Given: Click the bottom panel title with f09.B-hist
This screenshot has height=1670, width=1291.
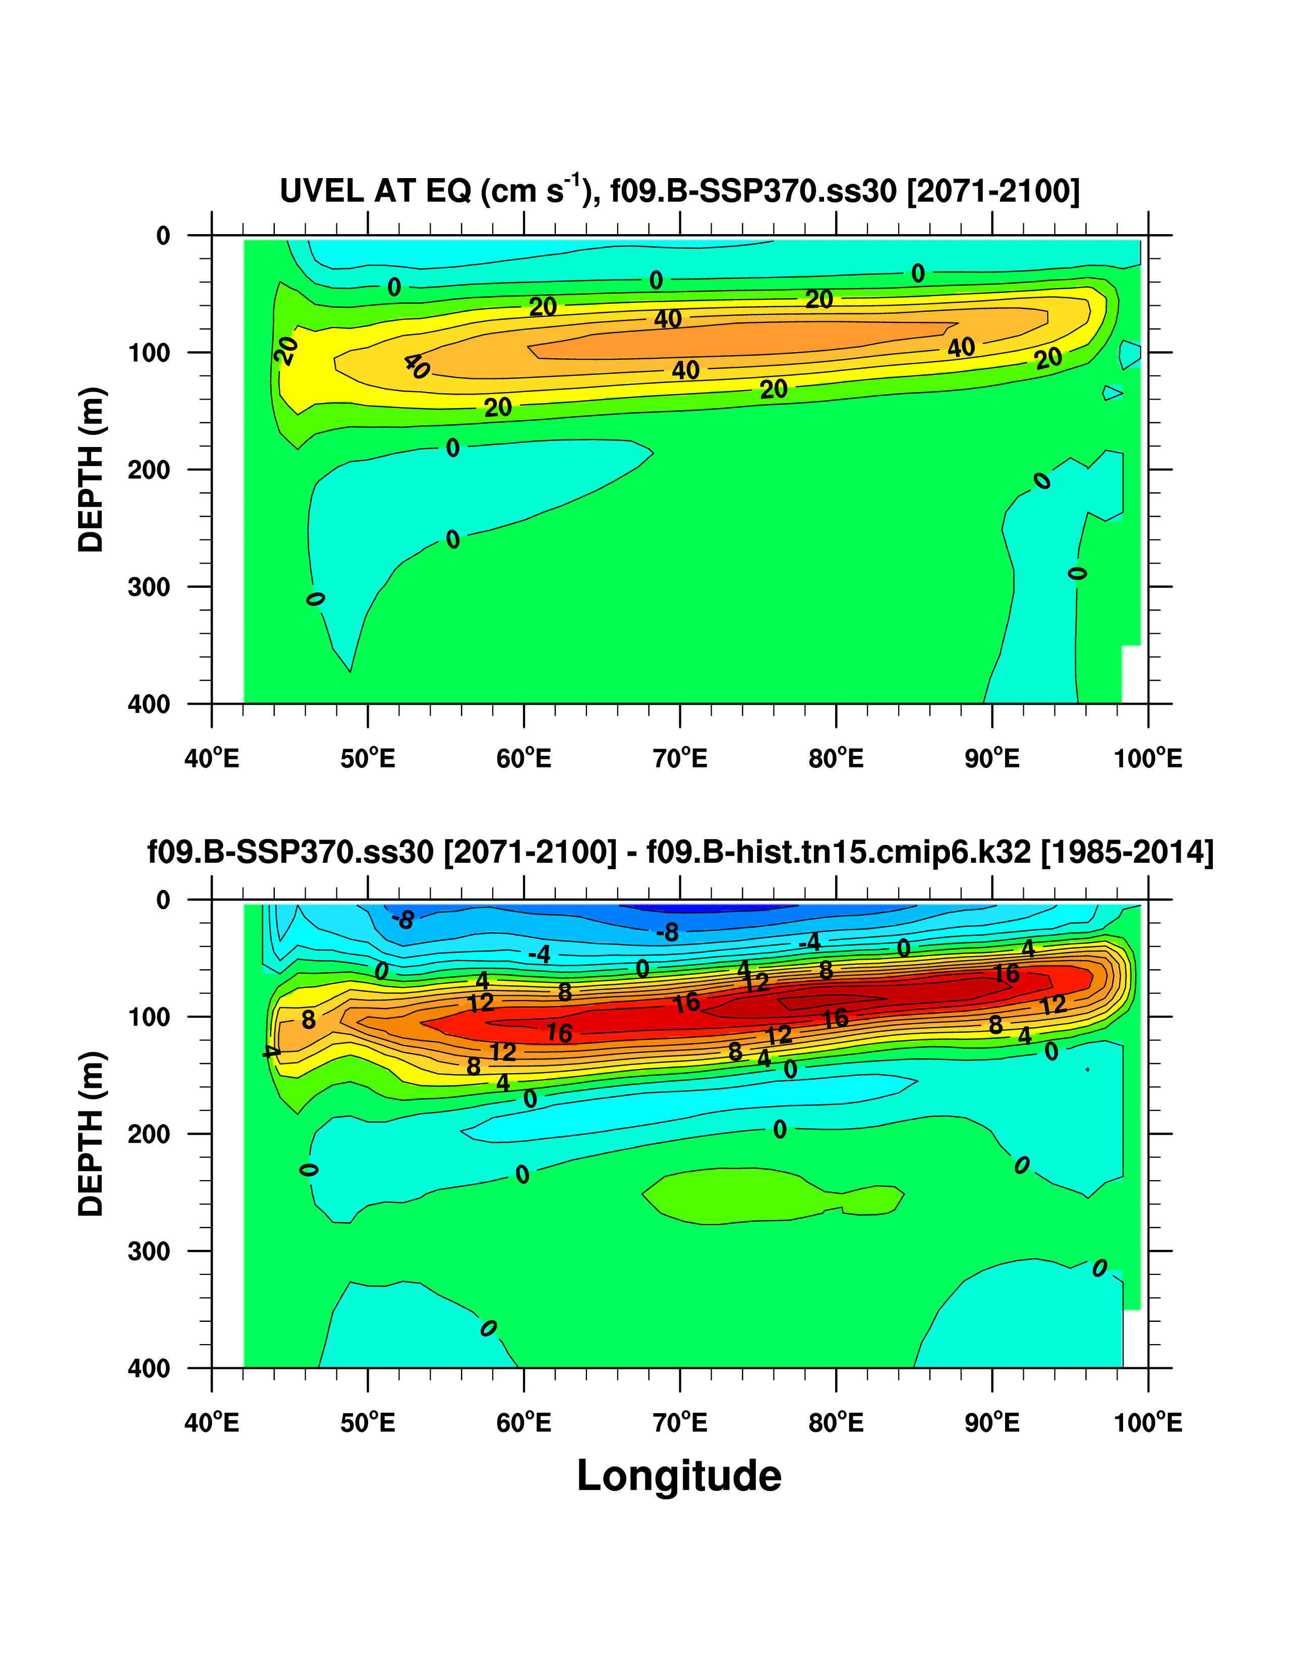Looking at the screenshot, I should [x=679, y=852].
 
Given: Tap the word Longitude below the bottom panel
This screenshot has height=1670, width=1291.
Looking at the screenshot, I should [x=679, y=1475].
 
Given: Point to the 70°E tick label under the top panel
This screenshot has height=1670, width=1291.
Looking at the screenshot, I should [x=679, y=758].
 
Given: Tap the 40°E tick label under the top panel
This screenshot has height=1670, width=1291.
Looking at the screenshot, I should [x=212, y=758].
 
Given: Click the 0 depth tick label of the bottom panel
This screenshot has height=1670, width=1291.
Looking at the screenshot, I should [x=163, y=901].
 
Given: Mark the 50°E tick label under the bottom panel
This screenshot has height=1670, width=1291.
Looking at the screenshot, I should [x=368, y=1423].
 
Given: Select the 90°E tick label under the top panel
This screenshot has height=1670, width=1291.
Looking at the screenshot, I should [x=991, y=758].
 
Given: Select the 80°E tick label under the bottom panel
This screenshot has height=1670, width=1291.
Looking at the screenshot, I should [x=836, y=1423].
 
